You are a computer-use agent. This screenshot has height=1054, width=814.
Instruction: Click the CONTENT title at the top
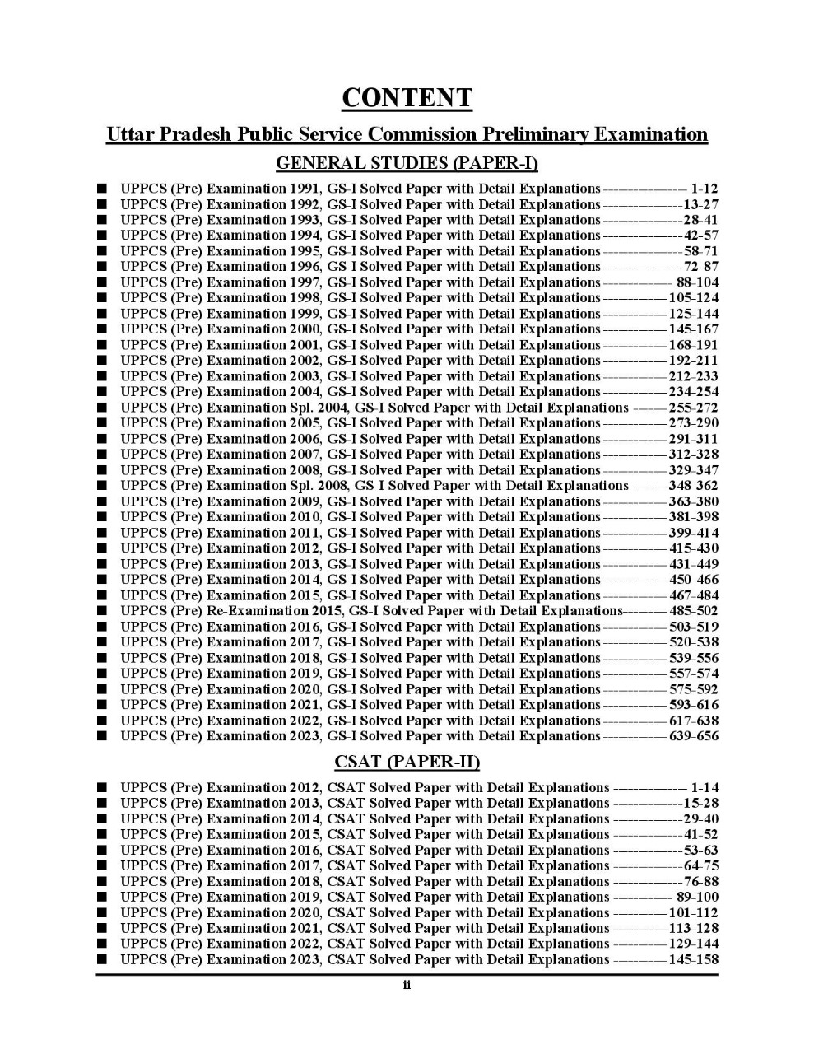tap(407, 98)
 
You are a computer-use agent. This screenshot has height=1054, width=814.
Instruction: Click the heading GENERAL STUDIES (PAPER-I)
tap(407, 163)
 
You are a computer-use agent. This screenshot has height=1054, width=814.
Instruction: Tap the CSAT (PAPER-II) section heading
tap(407, 762)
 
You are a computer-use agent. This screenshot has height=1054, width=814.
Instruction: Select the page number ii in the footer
tap(407, 986)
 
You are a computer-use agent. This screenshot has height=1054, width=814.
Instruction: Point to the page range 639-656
tap(693, 736)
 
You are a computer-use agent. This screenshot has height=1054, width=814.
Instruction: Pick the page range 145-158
tap(693, 960)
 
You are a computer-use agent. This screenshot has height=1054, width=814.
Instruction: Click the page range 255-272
tap(693, 408)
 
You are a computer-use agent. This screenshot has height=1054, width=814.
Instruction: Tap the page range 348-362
tap(693, 486)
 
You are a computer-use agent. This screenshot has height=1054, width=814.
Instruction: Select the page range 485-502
tap(693, 611)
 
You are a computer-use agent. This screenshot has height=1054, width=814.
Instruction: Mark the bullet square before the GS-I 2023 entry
tap(102, 736)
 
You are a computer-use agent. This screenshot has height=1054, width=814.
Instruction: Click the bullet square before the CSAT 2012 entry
tap(102, 788)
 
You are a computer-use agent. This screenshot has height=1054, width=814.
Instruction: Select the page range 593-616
tap(693, 705)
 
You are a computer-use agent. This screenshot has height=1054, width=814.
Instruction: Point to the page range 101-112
tap(693, 913)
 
